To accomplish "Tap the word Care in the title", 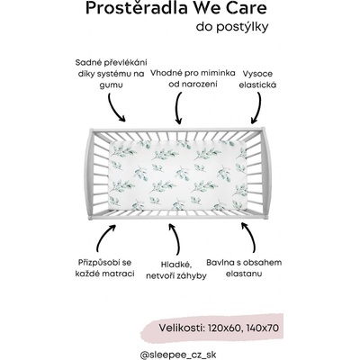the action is (x=247, y=8).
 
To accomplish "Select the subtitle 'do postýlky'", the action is (x=232, y=27).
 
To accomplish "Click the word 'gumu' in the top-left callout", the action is (x=112, y=85).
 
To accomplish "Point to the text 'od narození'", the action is (x=193, y=85).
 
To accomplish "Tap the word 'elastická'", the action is (x=257, y=85).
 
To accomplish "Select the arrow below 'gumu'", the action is (x=114, y=108).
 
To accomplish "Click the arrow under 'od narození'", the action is (x=178, y=108).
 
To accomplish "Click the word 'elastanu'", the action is (x=244, y=274).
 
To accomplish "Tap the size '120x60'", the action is (x=224, y=328).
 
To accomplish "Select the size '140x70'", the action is (x=263, y=328).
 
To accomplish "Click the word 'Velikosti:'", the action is (x=182, y=328).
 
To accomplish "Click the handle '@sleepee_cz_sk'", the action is (x=178, y=355).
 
